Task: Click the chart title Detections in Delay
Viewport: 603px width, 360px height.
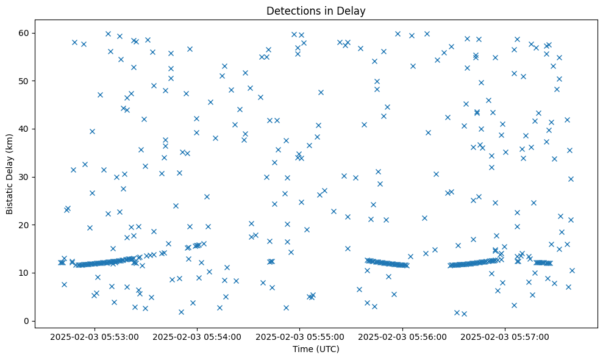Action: [x=316, y=10]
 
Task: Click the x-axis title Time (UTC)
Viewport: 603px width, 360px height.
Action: [x=316, y=350]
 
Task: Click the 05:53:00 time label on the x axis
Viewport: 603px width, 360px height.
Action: [x=95, y=336]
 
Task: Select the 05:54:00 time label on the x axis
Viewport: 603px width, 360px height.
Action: [x=197, y=336]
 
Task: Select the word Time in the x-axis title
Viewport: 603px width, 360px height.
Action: [x=303, y=350]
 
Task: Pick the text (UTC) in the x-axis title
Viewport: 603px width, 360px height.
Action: [x=327, y=350]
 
